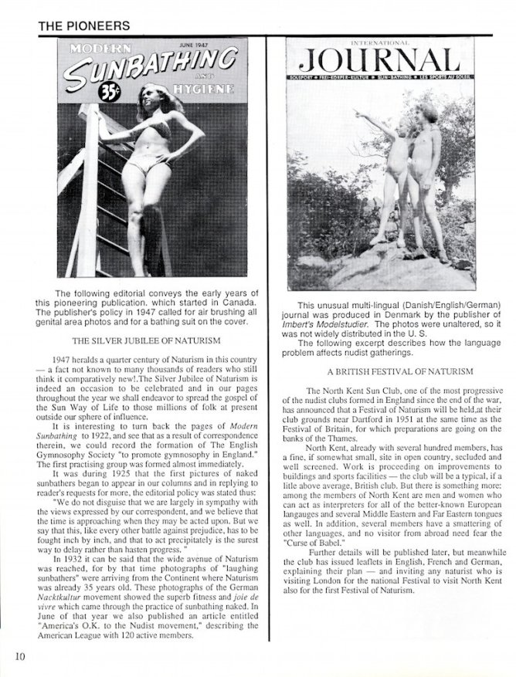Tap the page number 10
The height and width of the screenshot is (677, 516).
pos(19,656)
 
